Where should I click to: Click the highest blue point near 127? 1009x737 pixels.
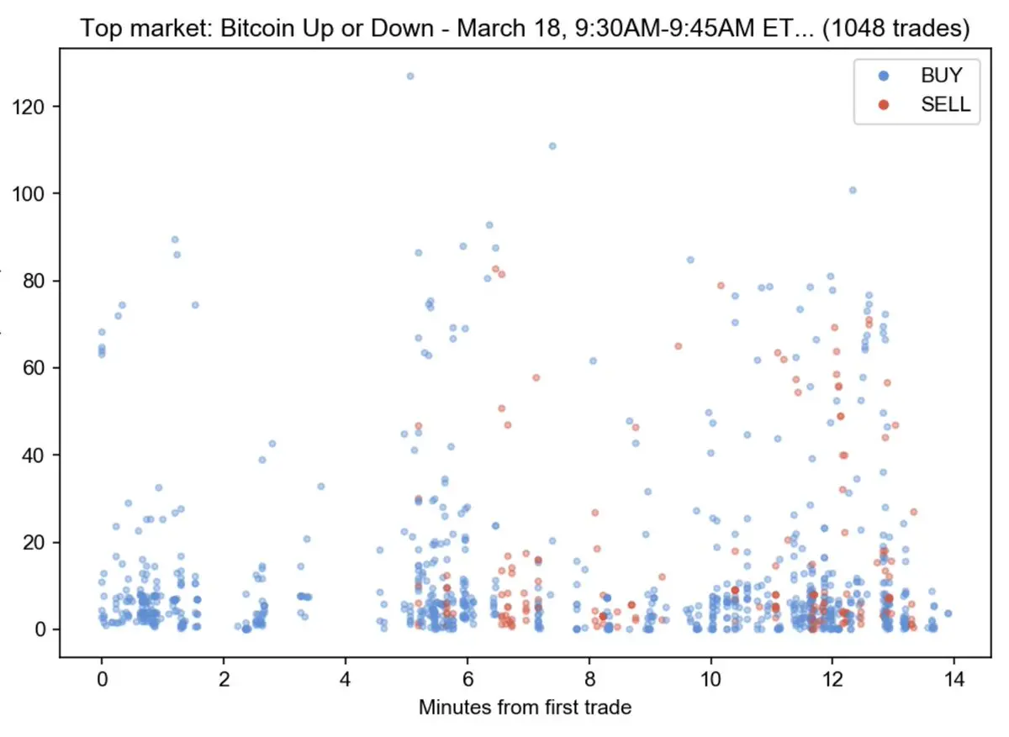(410, 76)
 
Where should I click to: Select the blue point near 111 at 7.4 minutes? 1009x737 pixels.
(552, 145)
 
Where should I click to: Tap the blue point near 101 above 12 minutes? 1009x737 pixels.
(853, 190)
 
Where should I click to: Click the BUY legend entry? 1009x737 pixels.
(941, 75)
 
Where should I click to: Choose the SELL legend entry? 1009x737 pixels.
(945, 105)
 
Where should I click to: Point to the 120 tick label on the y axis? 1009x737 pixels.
(29, 107)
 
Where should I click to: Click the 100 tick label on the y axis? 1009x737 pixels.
(29, 194)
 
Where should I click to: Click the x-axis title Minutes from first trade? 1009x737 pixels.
(525, 708)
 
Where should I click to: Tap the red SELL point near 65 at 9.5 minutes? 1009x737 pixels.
(678, 345)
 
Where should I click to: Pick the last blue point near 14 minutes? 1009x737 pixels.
(948, 613)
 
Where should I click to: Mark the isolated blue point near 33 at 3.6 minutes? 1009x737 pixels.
(320, 486)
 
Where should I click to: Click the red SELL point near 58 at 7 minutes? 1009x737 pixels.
(536, 377)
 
